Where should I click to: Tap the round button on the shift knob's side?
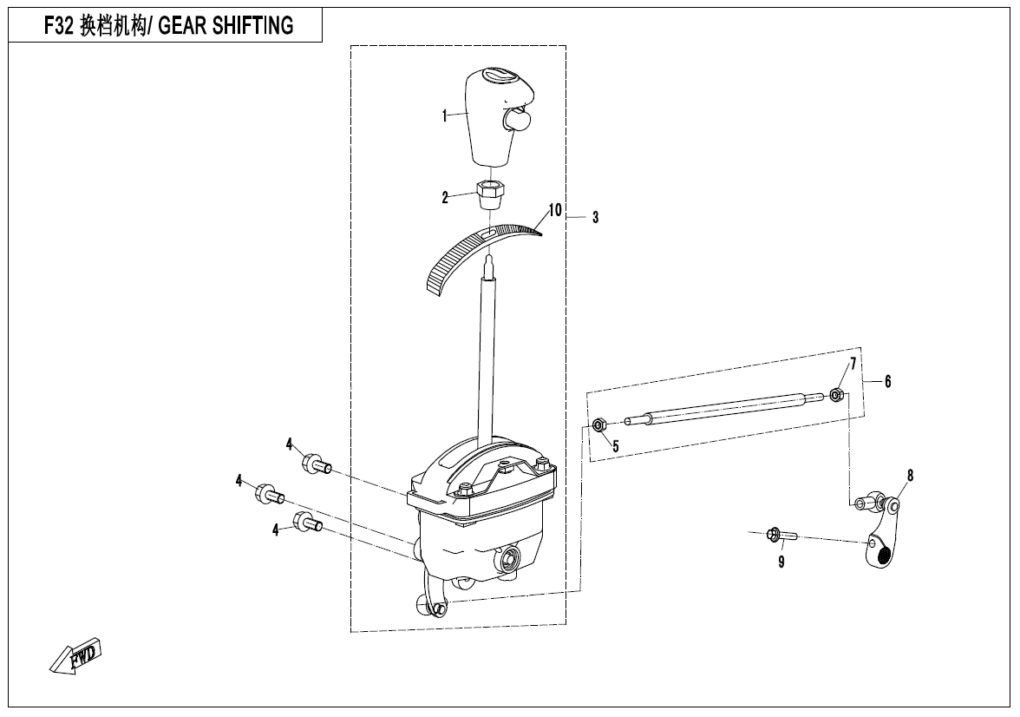click(518, 119)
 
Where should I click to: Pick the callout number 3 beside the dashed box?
click(595, 218)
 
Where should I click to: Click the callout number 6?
click(887, 381)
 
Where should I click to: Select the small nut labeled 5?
click(598, 425)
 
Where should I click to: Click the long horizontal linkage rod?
click(720, 409)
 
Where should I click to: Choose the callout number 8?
click(910, 476)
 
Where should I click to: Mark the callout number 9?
click(781, 562)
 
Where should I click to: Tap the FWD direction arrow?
click(75, 656)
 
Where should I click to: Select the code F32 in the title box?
click(58, 26)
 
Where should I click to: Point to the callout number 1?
click(444, 115)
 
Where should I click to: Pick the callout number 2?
click(445, 198)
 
